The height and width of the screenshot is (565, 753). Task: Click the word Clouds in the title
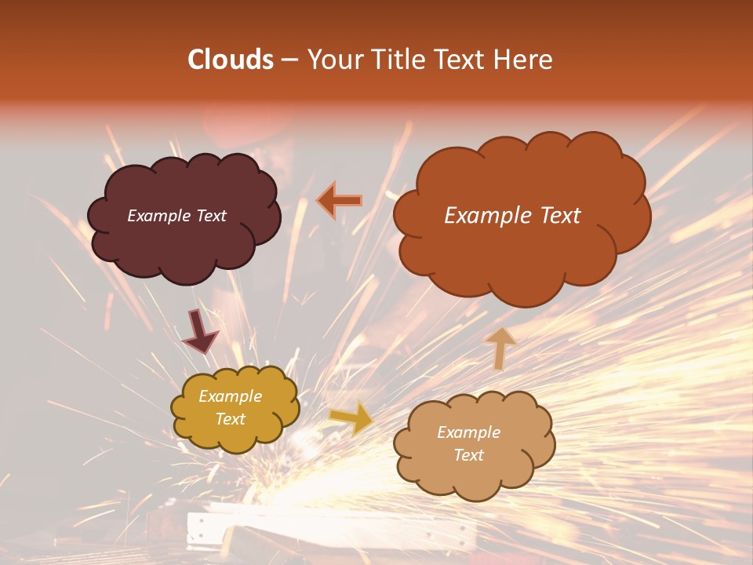pos(231,60)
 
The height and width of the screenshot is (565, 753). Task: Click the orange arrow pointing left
pos(339,200)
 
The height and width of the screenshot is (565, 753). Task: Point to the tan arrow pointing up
pos(500,348)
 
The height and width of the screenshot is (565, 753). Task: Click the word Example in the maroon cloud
pos(158,216)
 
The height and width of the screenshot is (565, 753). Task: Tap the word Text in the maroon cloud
pos(209,216)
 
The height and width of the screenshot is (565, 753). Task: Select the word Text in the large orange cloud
pos(560,216)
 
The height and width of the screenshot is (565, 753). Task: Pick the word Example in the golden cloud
pos(230,396)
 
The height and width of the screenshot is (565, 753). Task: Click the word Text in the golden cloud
pos(230,419)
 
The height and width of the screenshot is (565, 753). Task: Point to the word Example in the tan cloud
pos(468,432)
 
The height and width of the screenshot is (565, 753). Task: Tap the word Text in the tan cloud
pos(468,455)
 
